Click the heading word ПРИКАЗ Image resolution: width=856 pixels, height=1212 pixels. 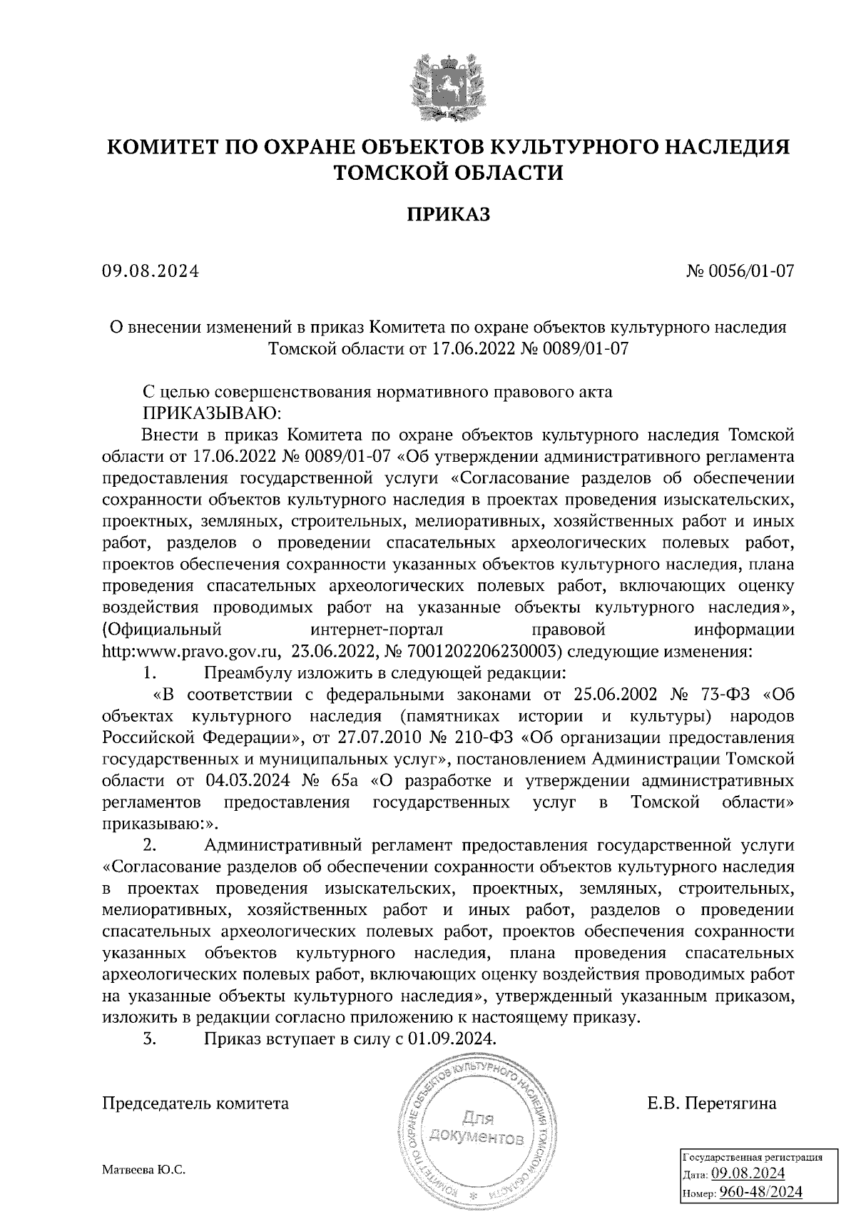(x=449, y=214)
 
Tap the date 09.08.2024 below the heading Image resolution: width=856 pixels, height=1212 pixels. (x=151, y=271)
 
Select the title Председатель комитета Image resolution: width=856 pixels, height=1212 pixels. (x=196, y=1104)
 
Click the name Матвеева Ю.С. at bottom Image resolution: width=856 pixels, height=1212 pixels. (x=144, y=1170)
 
